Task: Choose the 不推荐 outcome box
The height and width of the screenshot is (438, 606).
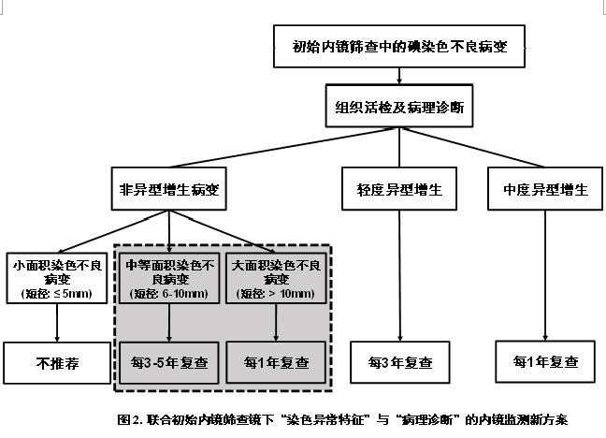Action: pos(58,363)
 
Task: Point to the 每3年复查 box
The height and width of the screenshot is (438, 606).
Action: pos(399,360)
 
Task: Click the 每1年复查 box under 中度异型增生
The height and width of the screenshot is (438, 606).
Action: pos(545,360)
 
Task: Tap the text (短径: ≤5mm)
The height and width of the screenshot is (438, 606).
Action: pos(58,296)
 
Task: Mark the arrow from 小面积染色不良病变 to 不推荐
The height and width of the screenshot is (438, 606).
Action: pos(58,324)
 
